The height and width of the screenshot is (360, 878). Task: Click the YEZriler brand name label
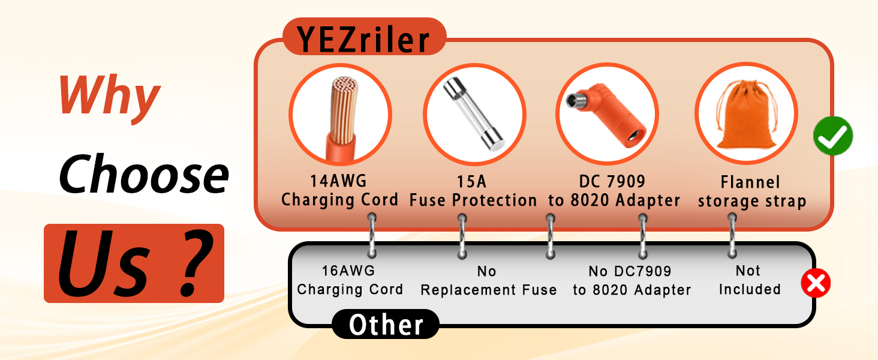[364, 40]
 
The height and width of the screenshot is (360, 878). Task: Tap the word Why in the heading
[109, 96]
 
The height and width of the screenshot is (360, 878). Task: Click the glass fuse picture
[474, 115]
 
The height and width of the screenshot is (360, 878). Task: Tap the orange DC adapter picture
[608, 114]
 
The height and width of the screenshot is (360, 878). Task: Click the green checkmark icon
[833, 136]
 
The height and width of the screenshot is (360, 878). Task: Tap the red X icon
[816, 283]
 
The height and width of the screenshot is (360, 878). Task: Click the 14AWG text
[339, 182]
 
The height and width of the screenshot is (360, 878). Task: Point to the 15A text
[473, 182]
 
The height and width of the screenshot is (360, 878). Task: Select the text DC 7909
[613, 182]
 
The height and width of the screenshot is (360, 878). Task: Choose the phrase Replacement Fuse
[488, 290]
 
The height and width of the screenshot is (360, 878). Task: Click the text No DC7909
[630, 272]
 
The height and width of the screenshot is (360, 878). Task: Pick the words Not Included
[749, 280]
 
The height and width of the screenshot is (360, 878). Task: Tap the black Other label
[386, 325]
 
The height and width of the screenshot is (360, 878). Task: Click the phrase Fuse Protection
[473, 200]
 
